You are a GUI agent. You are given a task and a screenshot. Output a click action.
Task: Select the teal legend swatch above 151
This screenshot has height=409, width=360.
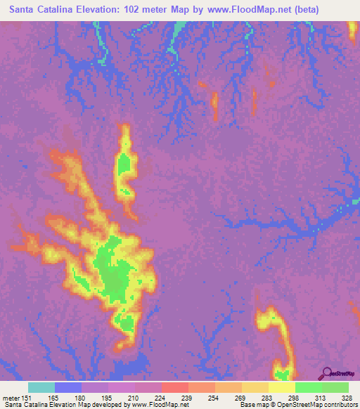point(41,387)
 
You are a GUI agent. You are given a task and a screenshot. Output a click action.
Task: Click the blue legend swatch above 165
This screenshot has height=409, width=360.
point(67,387)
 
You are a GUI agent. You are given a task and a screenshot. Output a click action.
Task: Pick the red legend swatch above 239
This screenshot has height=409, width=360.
point(174,387)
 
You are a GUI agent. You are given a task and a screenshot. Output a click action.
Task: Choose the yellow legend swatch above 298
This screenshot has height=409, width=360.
point(281,387)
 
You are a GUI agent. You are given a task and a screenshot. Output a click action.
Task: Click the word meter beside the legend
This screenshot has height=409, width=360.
point(11,398)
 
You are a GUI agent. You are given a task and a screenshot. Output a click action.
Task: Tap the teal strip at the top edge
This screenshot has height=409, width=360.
point(181,28)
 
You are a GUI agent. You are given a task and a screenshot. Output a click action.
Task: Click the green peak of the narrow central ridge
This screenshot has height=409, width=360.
point(125,167)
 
